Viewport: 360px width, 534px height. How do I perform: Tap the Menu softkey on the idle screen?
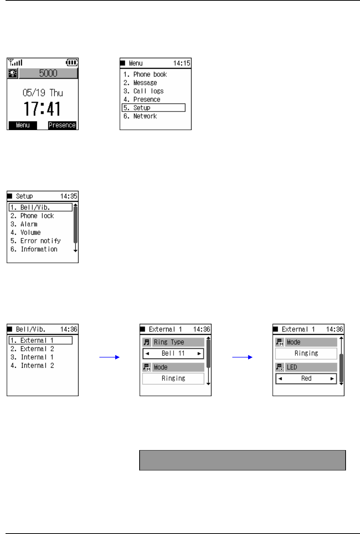23,125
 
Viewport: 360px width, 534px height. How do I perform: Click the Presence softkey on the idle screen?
62,125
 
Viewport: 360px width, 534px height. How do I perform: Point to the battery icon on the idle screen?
72,62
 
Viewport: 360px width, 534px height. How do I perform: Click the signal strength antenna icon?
15,62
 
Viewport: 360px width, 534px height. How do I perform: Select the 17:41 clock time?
42,109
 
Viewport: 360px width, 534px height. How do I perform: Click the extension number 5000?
48,73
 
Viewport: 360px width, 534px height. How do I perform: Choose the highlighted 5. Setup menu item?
153,108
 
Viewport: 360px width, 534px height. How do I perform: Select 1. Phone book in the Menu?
145,74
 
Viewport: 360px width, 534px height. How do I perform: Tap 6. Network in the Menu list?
140,116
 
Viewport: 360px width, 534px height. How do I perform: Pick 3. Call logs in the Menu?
143,91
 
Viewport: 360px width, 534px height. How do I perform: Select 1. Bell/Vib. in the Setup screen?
40,207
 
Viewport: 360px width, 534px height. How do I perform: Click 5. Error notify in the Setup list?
35,241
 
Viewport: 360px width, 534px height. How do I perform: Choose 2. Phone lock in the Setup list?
32,216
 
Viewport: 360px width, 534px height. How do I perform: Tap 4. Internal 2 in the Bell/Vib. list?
32,365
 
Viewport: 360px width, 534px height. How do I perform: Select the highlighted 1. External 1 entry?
40,340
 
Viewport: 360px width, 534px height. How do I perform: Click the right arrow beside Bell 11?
199,354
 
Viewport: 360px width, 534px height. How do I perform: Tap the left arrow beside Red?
280,379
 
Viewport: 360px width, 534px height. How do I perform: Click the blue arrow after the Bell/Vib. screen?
110,357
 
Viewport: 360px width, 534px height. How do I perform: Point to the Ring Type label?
169,342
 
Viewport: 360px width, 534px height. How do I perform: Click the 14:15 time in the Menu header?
182,63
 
